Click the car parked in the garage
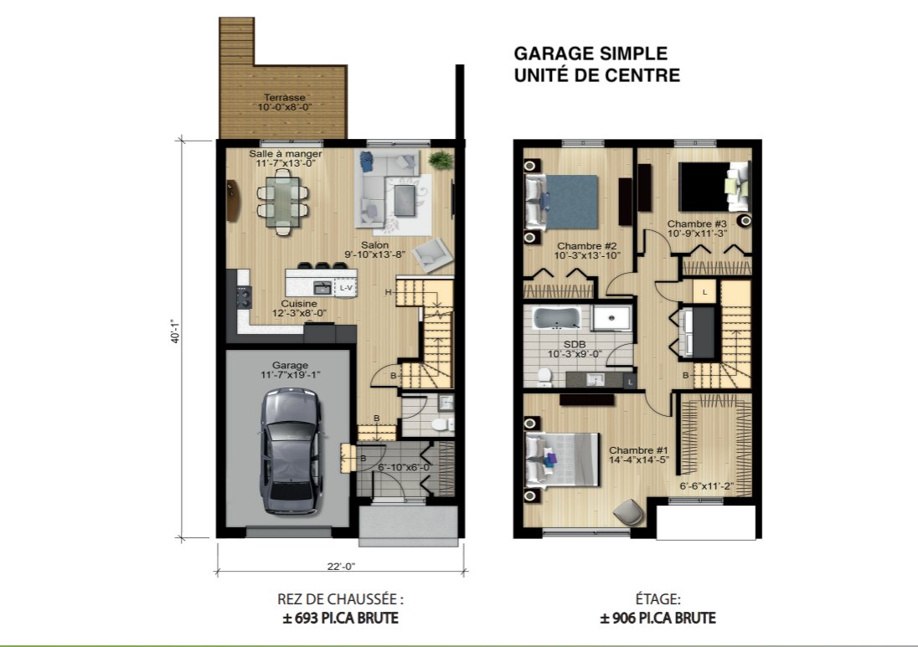[291, 451]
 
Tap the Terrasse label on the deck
[285, 97]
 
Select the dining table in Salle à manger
[283, 202]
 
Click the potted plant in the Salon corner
[441, 159]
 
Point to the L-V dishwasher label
[346, 288]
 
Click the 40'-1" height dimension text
[175, 331]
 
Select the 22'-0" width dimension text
[341, 567]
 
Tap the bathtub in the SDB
[556, 318]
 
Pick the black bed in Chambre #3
[713, 187]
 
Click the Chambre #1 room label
[639, 449]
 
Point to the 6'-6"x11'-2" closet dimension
[707, 486]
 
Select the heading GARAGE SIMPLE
[591, 54]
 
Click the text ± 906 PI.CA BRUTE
[658, 618]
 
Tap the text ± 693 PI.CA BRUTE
[340, 618]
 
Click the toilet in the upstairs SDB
[544, 377]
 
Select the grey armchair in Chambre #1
[629, 512]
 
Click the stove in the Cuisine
[244, 296]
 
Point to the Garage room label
[290, 365]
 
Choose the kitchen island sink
[322, 288]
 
